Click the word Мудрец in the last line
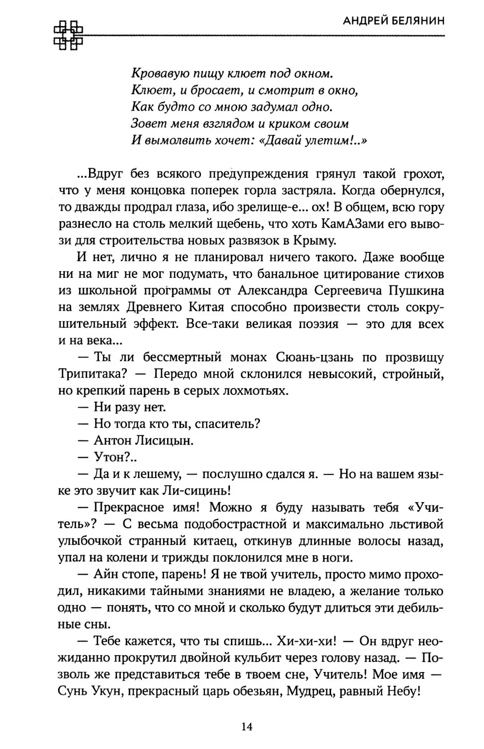coord(310,691)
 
